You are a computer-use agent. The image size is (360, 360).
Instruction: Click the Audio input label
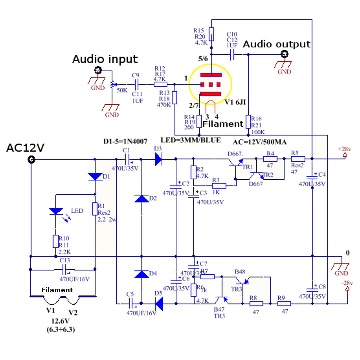pos(105,59)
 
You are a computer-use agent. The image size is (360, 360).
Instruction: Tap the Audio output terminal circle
pos(284,54)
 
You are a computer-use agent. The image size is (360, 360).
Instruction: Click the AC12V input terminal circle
pos(31,159)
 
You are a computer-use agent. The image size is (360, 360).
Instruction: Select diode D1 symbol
pos(95,176)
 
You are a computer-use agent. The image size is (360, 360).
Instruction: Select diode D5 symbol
pos(158,303)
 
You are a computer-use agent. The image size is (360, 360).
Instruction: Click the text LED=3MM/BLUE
pos(190,140)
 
